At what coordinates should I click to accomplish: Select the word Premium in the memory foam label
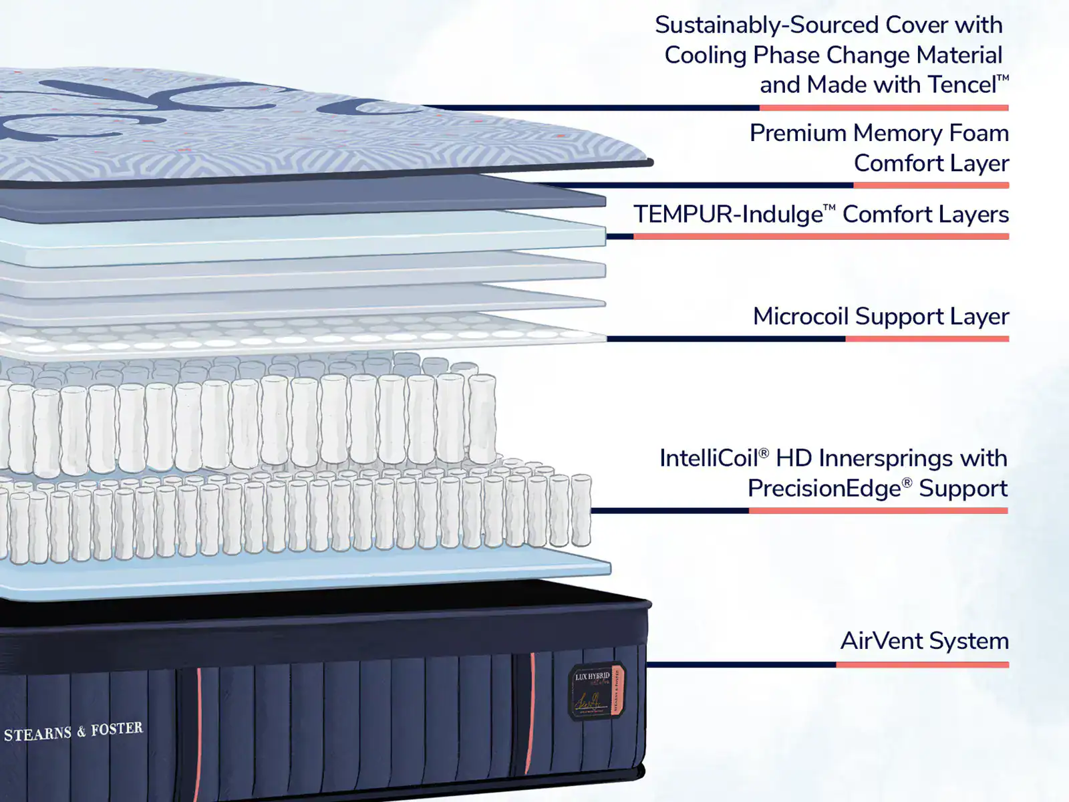point(797,133)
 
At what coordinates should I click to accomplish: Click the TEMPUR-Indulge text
point(728,215)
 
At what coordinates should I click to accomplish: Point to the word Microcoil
point(799,316)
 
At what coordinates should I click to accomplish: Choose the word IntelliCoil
point(709,458)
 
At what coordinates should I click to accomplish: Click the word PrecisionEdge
point(824,489)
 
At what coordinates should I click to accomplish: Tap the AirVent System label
point(924,641)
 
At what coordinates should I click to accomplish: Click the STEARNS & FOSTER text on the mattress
point(73,731)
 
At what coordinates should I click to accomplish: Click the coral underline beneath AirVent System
point(922,665)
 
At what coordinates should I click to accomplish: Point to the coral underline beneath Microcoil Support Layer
point(927,339)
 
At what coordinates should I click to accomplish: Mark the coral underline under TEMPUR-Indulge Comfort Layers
point(820,236)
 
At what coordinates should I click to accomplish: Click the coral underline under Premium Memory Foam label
point(931,185)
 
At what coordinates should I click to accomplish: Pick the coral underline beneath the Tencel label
point(883,108)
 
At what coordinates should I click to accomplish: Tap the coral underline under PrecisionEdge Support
point(877,511)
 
